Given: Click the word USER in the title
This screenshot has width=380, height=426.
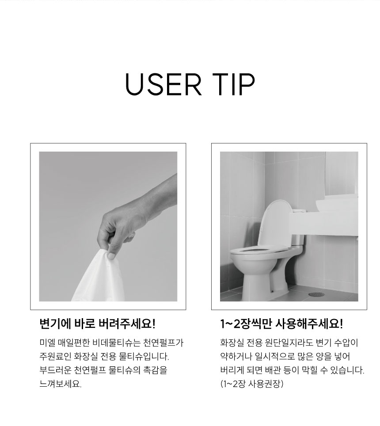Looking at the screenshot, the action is tap(163, 84).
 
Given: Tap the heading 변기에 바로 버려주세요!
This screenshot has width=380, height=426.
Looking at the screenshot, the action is tap(98, 324).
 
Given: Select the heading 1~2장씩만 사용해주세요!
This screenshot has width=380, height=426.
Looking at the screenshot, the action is tap(281, 324).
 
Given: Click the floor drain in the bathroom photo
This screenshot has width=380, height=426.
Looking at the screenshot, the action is tap(316, 294).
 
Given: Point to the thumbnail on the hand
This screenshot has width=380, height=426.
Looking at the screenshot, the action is tap(112, 256).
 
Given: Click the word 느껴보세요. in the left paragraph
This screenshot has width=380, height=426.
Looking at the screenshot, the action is tap(60, 384).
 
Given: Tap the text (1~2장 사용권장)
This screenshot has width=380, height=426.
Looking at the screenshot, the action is tap(252, 384).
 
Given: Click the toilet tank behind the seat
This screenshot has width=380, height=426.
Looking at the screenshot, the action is tap(297, 239).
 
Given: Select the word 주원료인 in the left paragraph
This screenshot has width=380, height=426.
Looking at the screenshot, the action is tap(55, 357).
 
